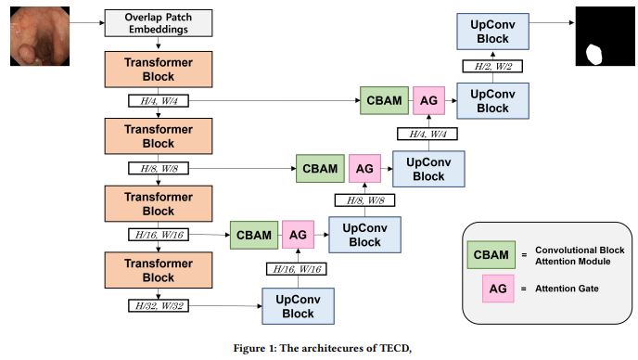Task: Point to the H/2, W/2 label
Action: pos(493,66)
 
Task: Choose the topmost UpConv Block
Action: pos(493,32)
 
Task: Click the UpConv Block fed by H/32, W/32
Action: pos(299,304)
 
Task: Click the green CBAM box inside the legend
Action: pos(490,253)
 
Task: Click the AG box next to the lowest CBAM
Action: pos(298,236)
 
